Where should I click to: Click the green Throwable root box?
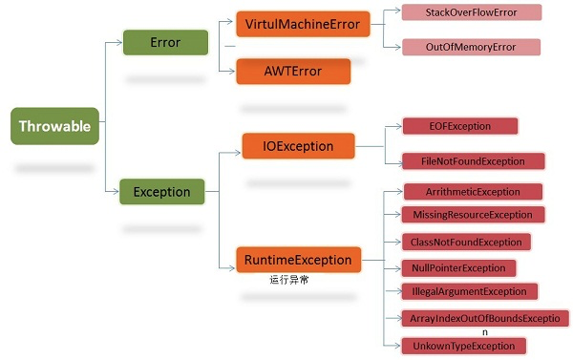55,126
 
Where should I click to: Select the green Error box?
165,42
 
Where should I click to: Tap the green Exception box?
161,191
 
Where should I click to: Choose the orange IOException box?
299,146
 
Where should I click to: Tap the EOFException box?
459,126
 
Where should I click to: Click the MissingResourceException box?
473,215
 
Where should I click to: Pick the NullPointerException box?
458,267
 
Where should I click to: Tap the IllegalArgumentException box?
469,291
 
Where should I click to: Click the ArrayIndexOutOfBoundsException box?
484,318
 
